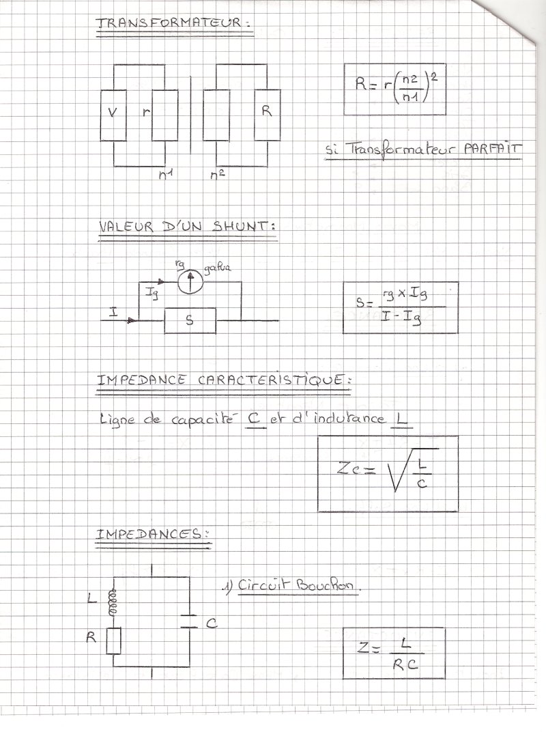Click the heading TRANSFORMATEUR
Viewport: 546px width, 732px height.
point(169,22)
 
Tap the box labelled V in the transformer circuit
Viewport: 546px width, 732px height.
point(113,115)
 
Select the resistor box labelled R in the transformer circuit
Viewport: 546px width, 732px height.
point(267,115)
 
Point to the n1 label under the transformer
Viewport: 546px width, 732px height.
point(166,175)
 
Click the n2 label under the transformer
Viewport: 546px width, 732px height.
point(218,175)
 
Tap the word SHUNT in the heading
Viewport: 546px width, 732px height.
point(241,227)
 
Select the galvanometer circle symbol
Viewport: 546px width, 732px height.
point(190,281)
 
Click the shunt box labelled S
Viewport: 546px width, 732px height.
point(190,320)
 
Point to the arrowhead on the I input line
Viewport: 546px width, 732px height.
point(132,320)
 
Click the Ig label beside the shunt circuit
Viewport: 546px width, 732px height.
point(152,294)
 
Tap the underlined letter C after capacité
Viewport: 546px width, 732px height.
point(255,419)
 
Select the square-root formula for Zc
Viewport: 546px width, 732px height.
point(388,473)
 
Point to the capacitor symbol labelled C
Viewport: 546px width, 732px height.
point(189,621)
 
